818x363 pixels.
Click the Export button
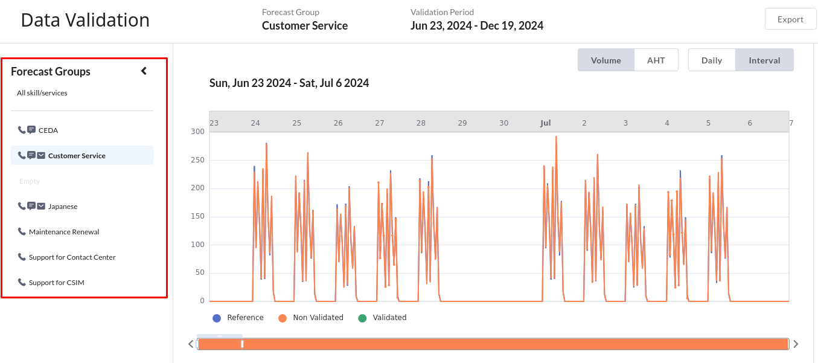(790, 19)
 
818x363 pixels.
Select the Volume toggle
(606, 60)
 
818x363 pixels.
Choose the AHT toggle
(656, 60)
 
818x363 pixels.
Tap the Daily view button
(712, 60)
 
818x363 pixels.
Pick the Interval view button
(764, 60)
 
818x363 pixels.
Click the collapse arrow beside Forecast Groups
(144, 71)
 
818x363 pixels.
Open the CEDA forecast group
(48, 130)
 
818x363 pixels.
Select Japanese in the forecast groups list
(63, 207)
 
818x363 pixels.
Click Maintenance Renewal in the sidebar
(64, 232)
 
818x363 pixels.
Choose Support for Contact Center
(72, 257)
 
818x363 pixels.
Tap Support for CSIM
(56, 283)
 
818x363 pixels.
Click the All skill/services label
(42, 93)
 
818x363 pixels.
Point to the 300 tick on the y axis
(197, 132)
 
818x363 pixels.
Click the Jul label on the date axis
(545, 123)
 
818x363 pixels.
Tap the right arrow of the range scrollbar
(796, 344)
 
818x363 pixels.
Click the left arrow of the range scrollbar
(191, 344)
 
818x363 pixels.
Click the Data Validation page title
(85, 20)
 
